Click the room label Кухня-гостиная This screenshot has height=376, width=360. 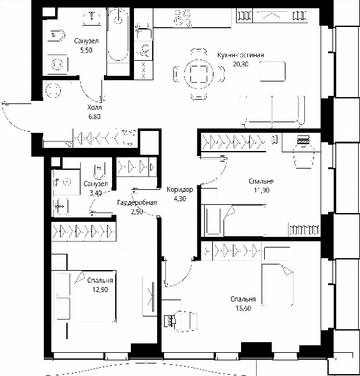240,55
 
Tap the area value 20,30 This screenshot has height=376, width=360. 240,64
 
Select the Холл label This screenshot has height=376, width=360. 95,107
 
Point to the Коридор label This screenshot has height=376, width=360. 180,189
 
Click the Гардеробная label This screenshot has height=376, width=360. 137,202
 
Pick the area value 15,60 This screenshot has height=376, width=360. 243,308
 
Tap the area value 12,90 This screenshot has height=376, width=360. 100,290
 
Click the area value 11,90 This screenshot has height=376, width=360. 262,190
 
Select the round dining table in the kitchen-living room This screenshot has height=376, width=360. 198,74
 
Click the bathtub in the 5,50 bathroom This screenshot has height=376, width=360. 118,34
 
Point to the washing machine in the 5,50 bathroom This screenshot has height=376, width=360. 57,65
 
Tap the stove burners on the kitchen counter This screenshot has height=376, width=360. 183,17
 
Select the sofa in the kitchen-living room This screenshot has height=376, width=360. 272,112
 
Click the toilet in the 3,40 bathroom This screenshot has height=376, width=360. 100,172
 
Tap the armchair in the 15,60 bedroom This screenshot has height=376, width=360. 185,321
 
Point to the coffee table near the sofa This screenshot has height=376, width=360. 272,71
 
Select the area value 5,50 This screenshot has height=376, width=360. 86,50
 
